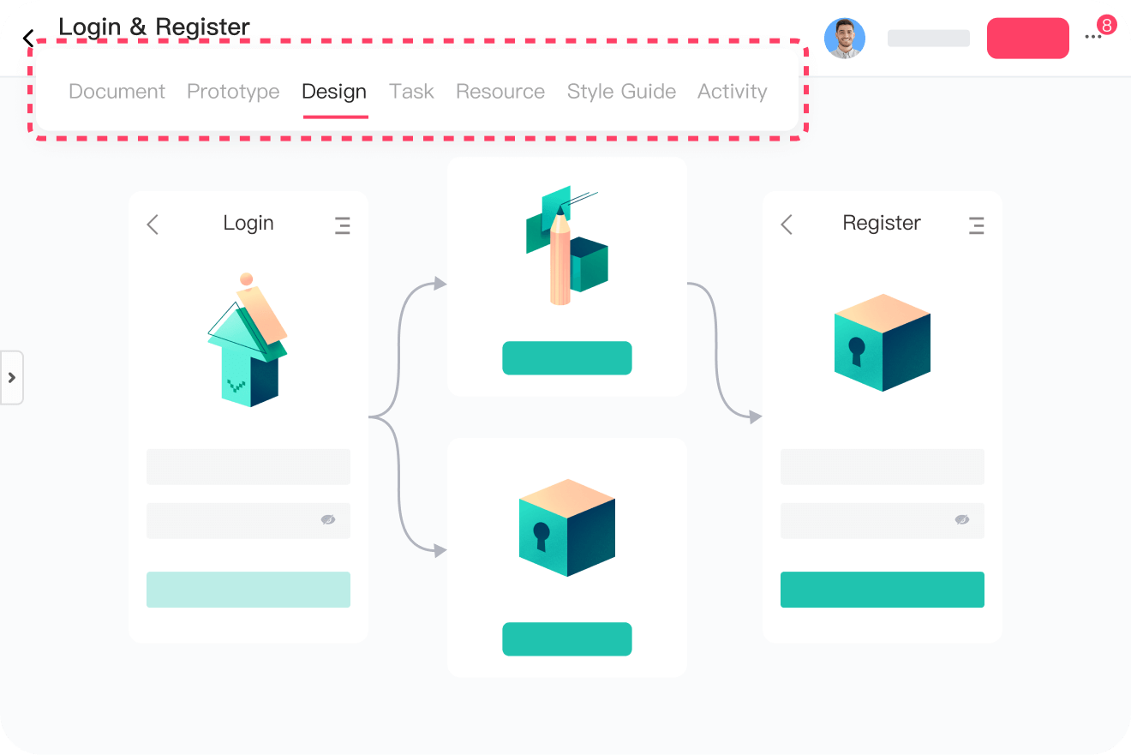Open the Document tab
[x=117, y=92]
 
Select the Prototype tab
[x=233, y=92]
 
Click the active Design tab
[x=334, y=92]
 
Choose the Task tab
[x=411, y=92]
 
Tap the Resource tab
[x=500, y=92]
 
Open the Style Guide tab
[x=621, y=92]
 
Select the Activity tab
[x=732, y=92]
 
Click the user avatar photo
[x=844, y=38]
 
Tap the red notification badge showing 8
[x=1106, y=25]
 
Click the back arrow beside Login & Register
[x=28, y=39]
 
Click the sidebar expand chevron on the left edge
[x=12, y=377]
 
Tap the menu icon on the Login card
[x=342, y=225]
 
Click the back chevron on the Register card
[x=787, y=225]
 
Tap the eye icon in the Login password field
[x=328, y=519]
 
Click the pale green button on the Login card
[x=248, y=590]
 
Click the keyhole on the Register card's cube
[x=856, y=351]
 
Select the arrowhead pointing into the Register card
[x=755, y=417]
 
